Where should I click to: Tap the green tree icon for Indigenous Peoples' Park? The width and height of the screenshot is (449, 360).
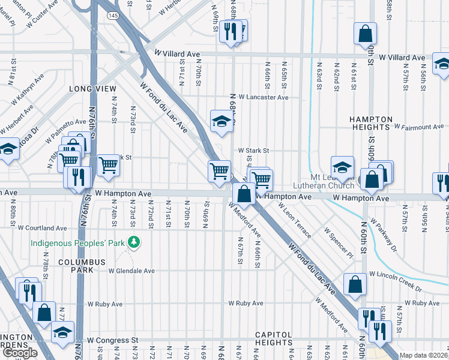tap(136, 242)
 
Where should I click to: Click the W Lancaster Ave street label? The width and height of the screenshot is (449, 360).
tap(264, 97)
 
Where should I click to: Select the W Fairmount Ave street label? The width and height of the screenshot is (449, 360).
tap(419, 127)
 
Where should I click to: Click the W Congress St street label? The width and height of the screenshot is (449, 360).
tap(112, 340)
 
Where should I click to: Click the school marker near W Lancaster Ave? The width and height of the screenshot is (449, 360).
tap(221, 122)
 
